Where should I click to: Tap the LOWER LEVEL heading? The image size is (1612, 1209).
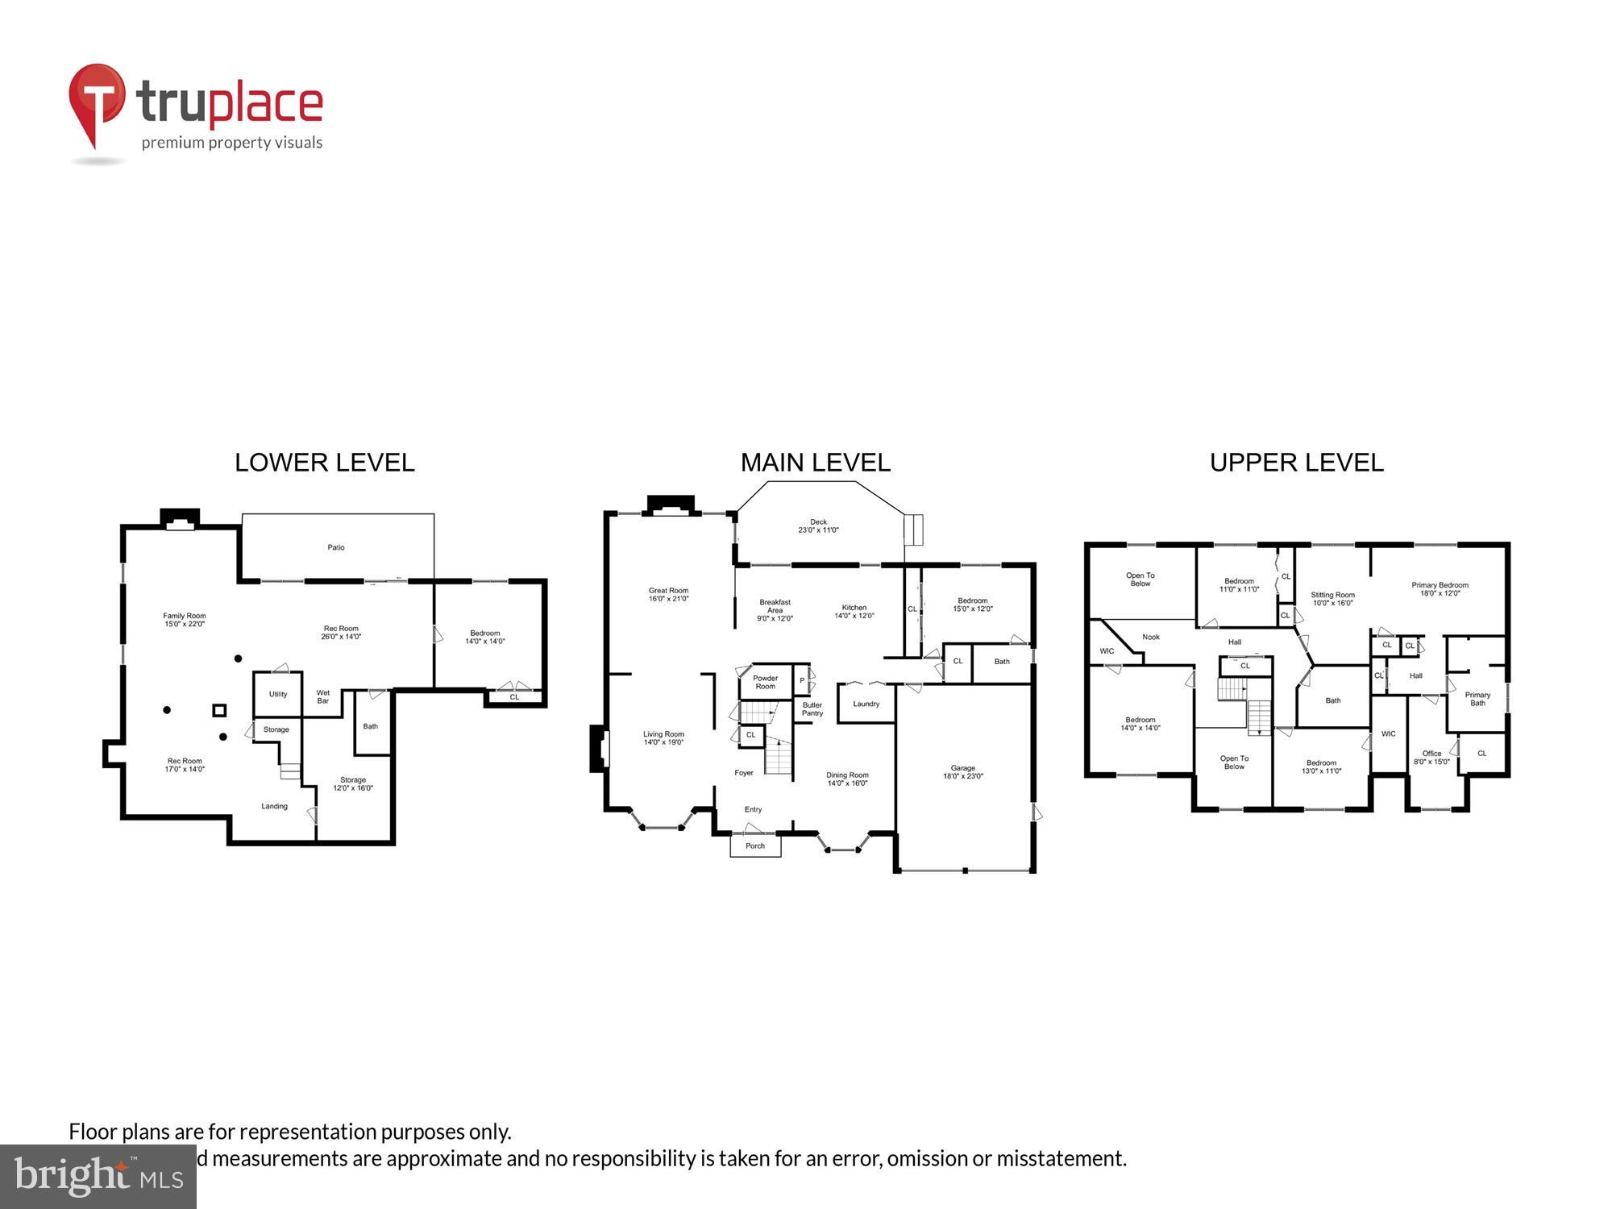[x=324, y=463]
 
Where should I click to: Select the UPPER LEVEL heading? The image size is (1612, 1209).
[x=1296, y=463]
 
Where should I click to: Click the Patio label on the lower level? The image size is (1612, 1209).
[x=336, y=547]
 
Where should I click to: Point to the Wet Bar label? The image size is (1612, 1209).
[x=322, y=696]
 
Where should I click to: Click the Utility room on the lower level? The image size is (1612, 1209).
[x=278, y=694]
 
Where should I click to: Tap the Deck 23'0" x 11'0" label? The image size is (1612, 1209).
[x=818, y=526]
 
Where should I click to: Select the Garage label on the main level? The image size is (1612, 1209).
[x=962, y=772]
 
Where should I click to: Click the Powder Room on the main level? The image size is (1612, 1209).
[x=765, y=682]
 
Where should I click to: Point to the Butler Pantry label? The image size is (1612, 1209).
[x=812, y=708]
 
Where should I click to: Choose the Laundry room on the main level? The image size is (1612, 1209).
[x=866, y=704]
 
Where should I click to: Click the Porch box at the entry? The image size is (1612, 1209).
[x=755, y=845]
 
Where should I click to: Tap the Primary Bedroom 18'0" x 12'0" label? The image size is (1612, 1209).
[x=1440, y=589]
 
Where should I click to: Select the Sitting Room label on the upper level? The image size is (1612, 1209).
[x=1332, y=599]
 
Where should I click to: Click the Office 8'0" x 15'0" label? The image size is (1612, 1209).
[x=1431, y=757]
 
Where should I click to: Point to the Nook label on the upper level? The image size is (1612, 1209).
[x=1150, y=637]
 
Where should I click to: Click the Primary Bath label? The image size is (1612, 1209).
[x=1477, y=698]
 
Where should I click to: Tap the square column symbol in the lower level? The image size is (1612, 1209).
[x=219, y=710]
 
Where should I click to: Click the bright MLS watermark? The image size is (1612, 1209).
[x=98, y=1177]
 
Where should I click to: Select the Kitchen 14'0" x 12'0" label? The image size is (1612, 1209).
[x=854, y=611]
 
